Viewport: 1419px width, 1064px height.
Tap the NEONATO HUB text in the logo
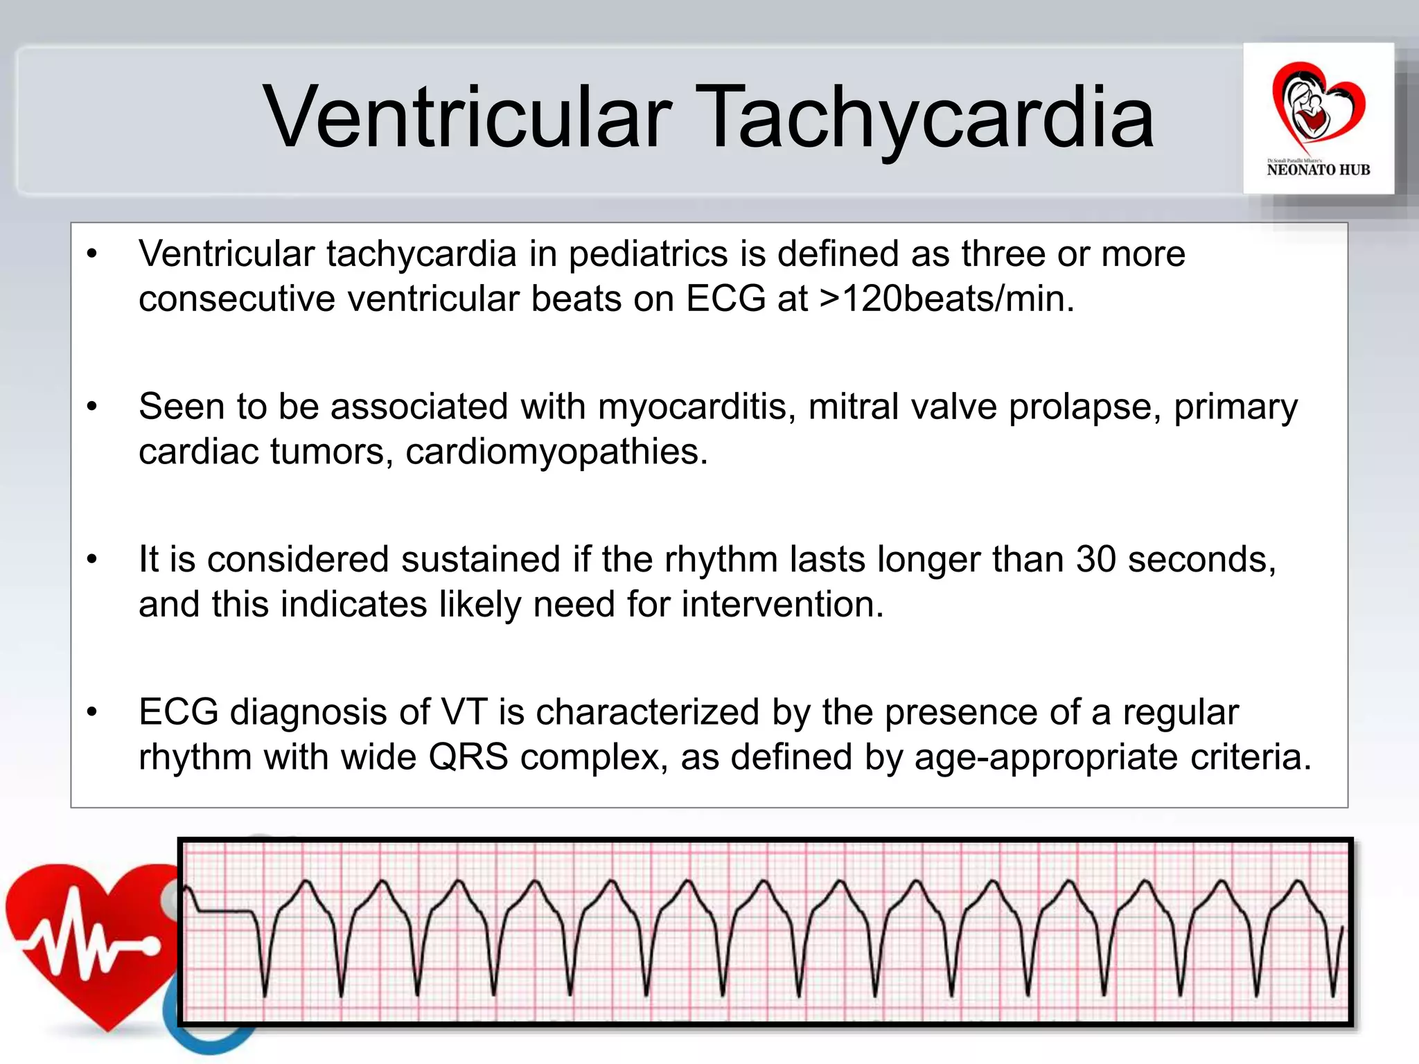point(1318,170)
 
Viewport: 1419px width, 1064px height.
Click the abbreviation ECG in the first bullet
point(725,299)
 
